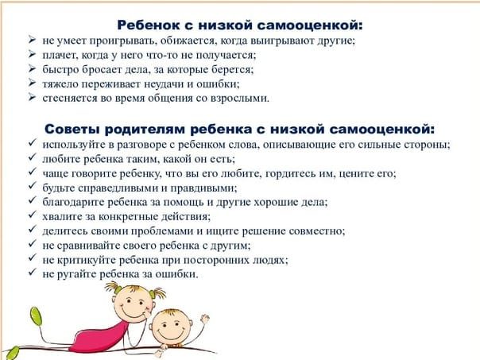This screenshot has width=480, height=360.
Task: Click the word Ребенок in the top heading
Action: (x=148, y=25)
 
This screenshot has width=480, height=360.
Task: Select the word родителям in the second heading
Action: (x=145, y=130)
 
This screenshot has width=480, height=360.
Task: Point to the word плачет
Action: (x=57, y=55)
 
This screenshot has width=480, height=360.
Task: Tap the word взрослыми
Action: (x=240, y=99)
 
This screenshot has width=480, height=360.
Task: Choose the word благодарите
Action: (x=73, y=202)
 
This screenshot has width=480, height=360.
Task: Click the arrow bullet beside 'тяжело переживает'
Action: (x=33, y=83)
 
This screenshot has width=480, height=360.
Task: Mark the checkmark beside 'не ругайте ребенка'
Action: (x=33, y=272)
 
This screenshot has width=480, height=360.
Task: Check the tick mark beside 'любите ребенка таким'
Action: (x=33, y=157)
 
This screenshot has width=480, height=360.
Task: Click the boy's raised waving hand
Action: (x=204, y=319)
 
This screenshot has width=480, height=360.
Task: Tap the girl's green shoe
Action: (x=36, y=316)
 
